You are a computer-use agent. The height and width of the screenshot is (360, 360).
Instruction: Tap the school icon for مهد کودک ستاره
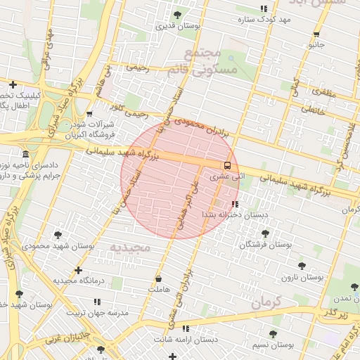pos(264,8)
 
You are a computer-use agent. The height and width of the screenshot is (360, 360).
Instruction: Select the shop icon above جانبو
pos(316,34)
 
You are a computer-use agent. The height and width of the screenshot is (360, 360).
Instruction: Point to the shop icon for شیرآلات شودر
pos(89,113)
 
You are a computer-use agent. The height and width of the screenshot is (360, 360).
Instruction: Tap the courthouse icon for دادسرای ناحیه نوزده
pos(26,154)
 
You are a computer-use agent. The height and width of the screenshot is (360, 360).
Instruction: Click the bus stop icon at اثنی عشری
pos(226,166)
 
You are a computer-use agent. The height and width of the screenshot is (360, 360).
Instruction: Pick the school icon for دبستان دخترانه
pos(235,203)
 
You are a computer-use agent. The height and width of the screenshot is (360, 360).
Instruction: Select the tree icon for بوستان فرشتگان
pos(264,234)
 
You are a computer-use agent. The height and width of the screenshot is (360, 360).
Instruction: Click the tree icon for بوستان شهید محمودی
pos(58,235)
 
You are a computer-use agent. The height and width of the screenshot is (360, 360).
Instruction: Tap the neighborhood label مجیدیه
pos(131,247)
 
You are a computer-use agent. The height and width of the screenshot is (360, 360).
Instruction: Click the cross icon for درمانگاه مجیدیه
pos(78,270)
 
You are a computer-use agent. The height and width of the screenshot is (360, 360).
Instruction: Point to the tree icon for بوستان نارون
pos(302,266)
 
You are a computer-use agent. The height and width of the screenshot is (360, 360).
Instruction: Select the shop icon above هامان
pos(158,278)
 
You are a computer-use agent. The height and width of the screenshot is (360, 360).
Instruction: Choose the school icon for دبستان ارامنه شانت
pos(186,328)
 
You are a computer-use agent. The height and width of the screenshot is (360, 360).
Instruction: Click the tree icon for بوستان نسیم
pos(273,334)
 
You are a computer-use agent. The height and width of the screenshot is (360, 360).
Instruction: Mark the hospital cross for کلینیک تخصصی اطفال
pos(13,84)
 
